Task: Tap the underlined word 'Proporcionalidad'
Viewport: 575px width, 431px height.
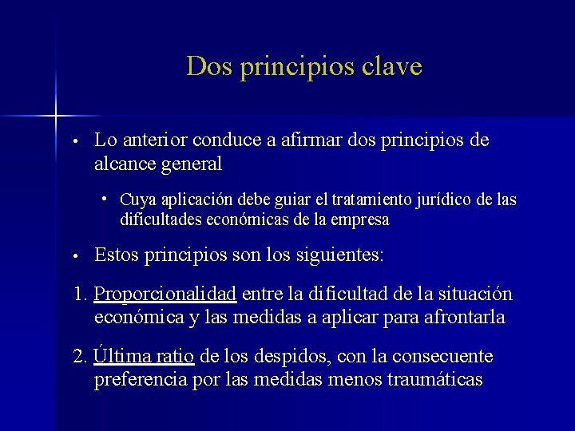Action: (165, 295)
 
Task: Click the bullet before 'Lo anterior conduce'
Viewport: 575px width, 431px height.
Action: (73, 142)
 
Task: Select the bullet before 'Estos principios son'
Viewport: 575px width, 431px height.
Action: (73, 257)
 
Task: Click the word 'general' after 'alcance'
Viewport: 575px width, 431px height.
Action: (192, 164)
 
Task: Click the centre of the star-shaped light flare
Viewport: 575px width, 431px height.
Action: (56, 117)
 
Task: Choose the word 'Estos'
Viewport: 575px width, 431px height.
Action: (119, 256)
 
